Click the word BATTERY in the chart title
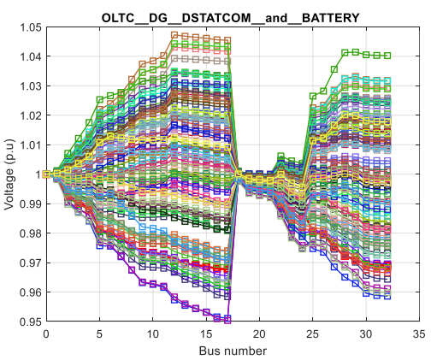330,18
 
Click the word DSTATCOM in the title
216,18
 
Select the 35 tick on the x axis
419,333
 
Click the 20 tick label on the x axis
259,333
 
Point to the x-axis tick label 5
99,333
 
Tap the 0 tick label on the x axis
46,333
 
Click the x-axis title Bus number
233,351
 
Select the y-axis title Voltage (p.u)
9,174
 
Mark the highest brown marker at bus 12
174,35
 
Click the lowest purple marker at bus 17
227,320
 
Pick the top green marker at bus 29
355,52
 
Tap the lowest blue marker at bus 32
387,297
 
